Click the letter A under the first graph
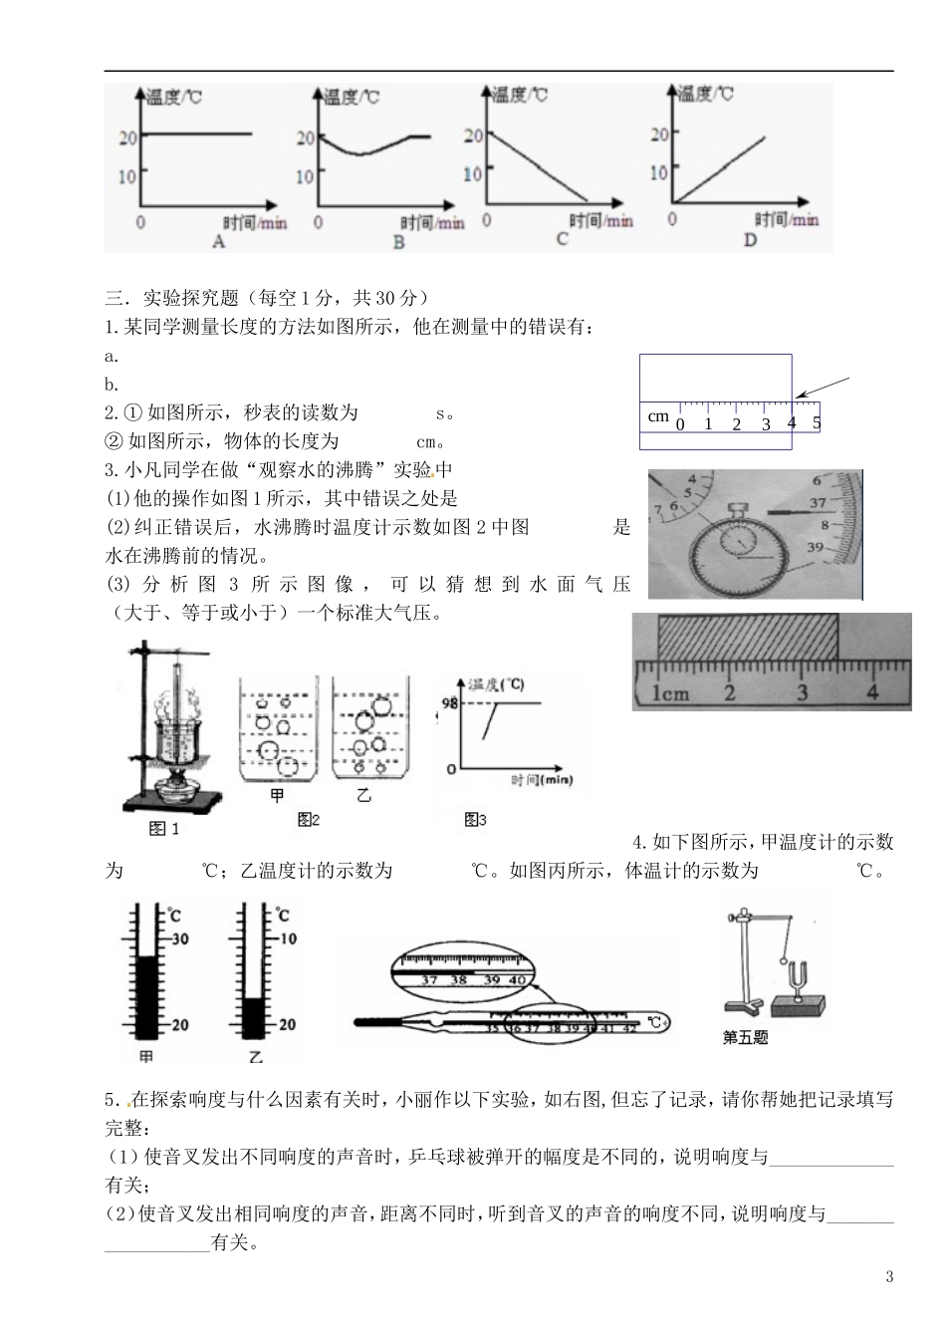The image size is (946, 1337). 219,241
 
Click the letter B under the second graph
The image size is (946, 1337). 398,242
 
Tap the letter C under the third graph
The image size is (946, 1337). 562,240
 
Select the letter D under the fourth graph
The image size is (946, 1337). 750,240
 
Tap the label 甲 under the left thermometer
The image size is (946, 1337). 145,1056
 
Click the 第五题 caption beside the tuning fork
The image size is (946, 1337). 745,1037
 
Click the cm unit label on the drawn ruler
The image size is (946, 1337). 658,416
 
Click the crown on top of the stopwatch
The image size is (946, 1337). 738,508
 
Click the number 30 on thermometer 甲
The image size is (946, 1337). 180,938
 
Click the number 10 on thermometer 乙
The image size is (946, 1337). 287,938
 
